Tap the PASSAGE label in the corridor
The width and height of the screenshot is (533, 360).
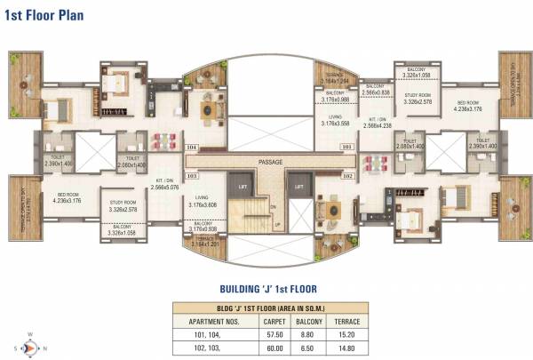(270, 162)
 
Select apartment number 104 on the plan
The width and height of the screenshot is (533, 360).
(191, 148)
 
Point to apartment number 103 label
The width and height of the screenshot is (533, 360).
(191, 176)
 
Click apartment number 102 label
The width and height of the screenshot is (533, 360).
(347, 176)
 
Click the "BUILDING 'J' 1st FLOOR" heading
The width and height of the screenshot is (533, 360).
(267, 288)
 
